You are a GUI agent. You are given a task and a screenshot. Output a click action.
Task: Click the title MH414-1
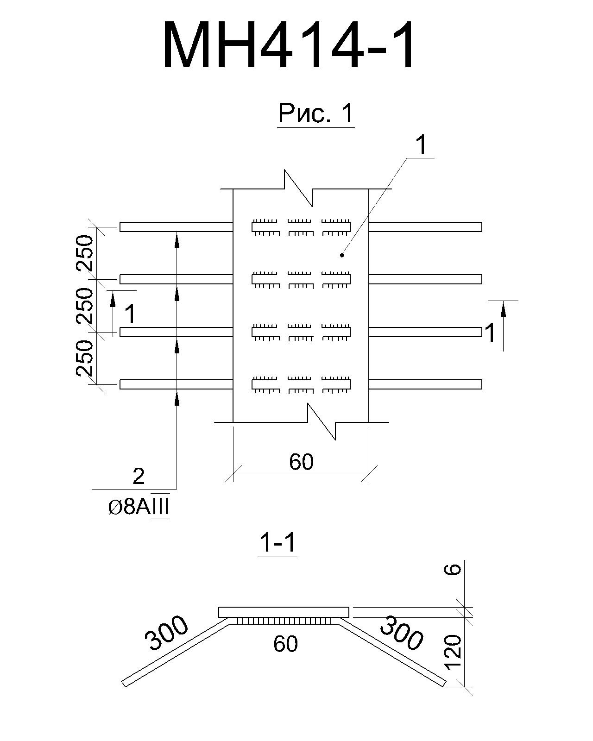tap(289, 45)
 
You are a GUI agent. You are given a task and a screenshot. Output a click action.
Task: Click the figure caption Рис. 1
tap(316, 113)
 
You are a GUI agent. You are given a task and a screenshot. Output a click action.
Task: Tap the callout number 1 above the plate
tap(421, 145)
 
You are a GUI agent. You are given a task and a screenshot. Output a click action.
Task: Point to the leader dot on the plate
tap(342, 255)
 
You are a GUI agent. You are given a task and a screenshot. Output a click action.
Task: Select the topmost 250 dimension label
tap(85, 253)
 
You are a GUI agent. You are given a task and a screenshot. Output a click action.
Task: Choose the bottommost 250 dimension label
tap(85, 358)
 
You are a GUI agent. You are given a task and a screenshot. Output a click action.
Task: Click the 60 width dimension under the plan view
tap(301, 462)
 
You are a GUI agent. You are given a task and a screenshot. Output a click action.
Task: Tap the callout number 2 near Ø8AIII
tap(139, 477)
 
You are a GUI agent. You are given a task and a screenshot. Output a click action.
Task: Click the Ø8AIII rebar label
tap(139, 507)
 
